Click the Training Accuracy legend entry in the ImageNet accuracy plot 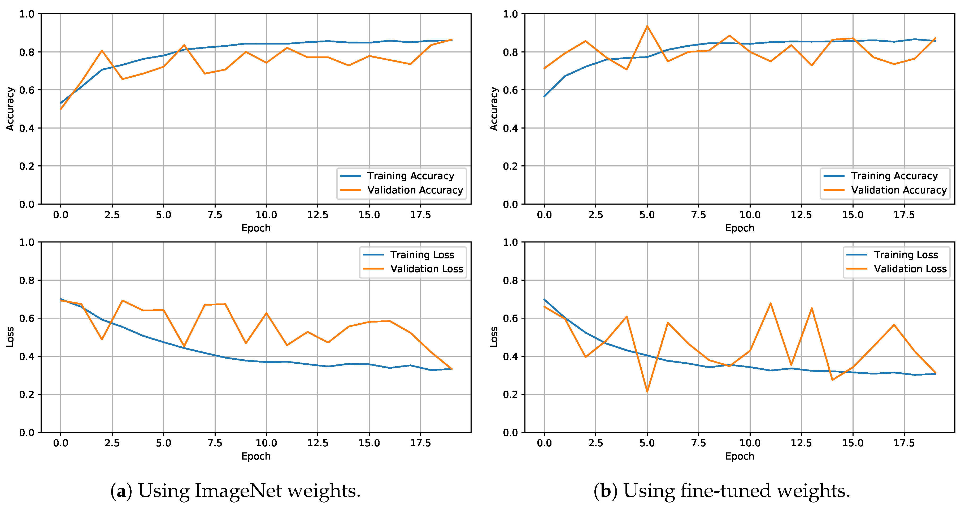click(410, 176)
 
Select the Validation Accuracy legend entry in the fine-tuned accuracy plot click(898, 190)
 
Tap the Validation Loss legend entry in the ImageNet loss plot click(427, 269)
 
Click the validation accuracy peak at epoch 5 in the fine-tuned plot click(647, 26)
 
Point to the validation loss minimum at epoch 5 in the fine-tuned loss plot click(647, 391)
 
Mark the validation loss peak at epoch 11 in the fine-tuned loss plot click(771, 303)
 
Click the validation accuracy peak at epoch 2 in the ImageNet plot click(102, 51)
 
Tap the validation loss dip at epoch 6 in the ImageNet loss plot click(184, 346)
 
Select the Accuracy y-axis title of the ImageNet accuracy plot click(10, 109)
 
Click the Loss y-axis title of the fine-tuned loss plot click(494, 337)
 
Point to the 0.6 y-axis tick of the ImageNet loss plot click(27, 318)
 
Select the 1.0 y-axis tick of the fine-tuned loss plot click(510, 242)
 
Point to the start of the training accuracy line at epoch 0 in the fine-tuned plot click(544, 96)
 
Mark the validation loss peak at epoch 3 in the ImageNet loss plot click(122, 301)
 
